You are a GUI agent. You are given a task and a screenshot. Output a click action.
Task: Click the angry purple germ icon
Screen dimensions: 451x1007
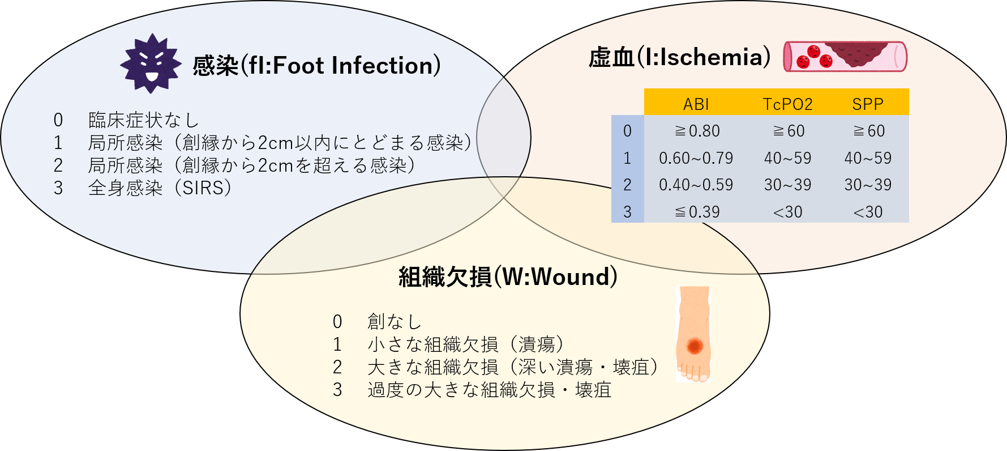tap(151, 63)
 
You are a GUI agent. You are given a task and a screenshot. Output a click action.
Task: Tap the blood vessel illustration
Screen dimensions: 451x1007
tap(845, 57)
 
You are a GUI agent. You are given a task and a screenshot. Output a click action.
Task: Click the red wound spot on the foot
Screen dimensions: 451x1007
tap(695, 345)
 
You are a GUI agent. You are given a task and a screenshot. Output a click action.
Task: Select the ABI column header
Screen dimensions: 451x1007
tap(696, 104)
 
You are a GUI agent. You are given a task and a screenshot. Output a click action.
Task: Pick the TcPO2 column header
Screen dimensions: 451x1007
tap(787, 104)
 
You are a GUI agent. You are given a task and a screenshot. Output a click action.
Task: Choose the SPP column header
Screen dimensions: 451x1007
tap(868, 104)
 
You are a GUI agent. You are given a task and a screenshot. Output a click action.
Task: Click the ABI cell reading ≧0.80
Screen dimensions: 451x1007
tap(697, 131)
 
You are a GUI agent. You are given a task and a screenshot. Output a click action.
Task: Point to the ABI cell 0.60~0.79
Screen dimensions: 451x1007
tap(696, 158)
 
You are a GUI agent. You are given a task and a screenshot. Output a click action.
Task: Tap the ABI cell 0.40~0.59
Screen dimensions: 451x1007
tap(696, 185)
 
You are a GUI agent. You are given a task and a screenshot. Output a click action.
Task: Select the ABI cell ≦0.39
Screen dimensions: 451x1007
tap(697, 212)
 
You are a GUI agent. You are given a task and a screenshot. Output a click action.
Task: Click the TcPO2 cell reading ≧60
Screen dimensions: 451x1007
tap(788, 131)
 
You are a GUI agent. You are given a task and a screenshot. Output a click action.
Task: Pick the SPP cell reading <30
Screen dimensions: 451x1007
tap(868, 212)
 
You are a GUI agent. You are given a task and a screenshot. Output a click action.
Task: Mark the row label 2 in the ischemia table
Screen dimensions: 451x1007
tap(627, 185)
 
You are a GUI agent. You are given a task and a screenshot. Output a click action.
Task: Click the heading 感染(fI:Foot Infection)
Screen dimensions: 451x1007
tap(317, 66)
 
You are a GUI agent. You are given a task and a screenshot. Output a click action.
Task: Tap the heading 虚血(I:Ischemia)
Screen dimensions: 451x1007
tap(680, 57)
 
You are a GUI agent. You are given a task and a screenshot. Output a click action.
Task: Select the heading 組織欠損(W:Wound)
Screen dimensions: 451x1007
tap(508, 277)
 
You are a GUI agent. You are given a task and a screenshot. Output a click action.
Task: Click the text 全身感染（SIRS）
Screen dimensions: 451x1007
tap(160, 188)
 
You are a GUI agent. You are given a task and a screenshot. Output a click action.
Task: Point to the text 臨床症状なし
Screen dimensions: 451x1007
tap(144, 120)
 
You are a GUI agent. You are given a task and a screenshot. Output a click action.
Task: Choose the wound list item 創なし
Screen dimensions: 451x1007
tap(395, 322)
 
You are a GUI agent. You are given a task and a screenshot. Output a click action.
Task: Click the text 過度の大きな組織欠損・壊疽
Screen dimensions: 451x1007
tap(490, 390)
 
